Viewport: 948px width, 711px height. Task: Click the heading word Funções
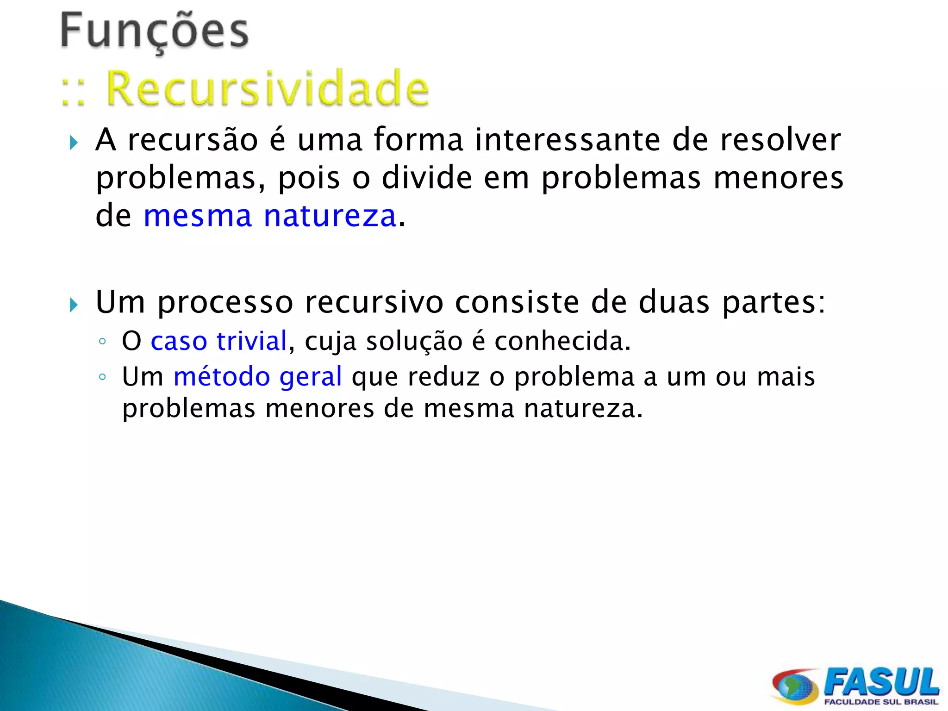pyautogui.click(x=155, y=31)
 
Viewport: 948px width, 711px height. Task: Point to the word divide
pyautogui.click(x=427, y=178)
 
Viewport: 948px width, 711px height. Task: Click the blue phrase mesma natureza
pyautogui.click(x=270, y=216)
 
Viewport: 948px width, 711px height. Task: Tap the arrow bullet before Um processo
pyautogui.click(x=74, y=305)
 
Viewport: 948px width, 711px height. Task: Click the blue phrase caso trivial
pyautogui.click(x=219, y=341)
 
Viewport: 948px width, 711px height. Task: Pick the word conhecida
pyautogui.click(x=562, y=341)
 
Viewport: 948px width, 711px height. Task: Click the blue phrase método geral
pyautogui.click(x=258, y=376)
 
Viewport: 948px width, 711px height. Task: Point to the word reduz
pyautogui.click(x=443, y=376)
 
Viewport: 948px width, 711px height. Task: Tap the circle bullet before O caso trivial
pyautogui.click(x=102, y=342)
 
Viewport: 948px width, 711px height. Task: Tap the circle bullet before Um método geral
pyautogui.click(x=102, y=377)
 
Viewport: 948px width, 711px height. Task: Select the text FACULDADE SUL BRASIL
pyautogui.click(x=881, y=702)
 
